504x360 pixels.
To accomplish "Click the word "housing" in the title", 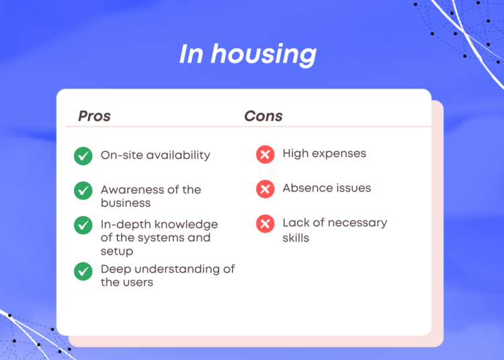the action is pos(263,54).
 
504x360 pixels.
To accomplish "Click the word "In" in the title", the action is pos(191,54).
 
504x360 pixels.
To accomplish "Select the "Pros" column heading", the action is pos(95,116).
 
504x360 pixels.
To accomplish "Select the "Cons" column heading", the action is pos(263,116).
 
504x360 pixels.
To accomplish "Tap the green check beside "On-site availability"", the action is pos(83,156).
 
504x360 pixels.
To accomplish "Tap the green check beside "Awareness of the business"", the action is pos(83,191).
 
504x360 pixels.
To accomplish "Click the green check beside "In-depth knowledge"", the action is pos(83,225).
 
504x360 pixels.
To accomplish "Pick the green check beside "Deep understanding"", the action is pos(83,271).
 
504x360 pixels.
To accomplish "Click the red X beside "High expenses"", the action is pos(265,154).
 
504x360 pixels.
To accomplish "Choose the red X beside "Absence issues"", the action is pos(265,189).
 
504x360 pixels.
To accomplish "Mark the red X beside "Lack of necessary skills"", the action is pos(265,224).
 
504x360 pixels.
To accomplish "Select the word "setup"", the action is pos(117,251).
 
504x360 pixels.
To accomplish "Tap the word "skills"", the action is pos(296,238).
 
